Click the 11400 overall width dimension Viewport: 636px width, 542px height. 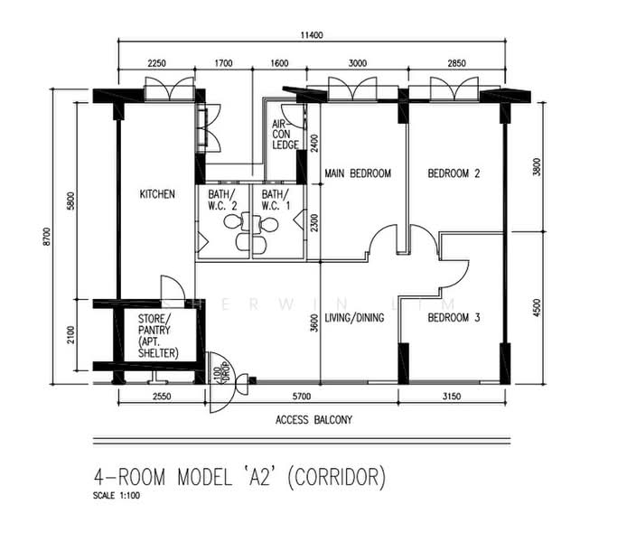point(312,35)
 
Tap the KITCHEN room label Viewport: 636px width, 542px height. point(157,194)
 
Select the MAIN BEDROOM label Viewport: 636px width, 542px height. point(358,173)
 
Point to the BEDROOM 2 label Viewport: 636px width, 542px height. point(454,173)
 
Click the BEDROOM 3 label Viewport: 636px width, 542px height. point(454,318)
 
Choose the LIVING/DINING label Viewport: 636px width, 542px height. point(354,318)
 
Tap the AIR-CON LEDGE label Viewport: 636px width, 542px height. point(285,135)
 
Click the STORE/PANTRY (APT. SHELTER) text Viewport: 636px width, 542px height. point(158,335)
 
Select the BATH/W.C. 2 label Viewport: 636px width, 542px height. point(222,200)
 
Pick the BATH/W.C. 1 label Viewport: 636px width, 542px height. point(276,200)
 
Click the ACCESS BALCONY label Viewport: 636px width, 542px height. point(314,420)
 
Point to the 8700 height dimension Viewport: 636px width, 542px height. point(47,237)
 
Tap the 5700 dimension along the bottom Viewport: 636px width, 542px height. point(301,397)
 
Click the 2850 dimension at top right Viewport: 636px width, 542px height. point(456,63)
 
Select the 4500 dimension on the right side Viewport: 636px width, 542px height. point(537,308)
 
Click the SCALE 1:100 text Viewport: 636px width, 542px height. point(117,496)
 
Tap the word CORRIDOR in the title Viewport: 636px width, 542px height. point(336,477)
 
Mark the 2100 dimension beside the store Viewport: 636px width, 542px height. point(71,335)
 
